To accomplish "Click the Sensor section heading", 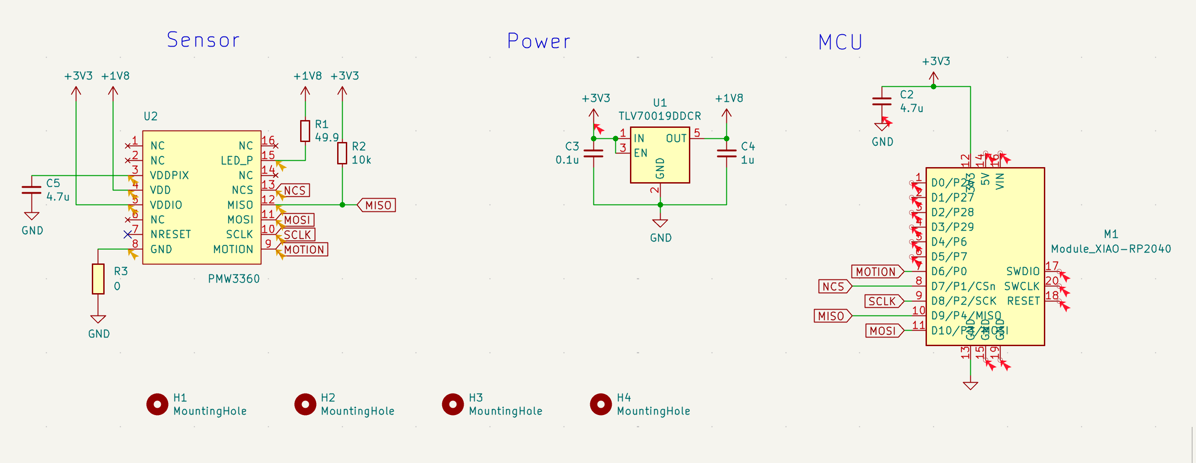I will (x=203, y=40).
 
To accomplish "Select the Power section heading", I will (x=539, y=41).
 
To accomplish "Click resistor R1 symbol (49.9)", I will (x=305, y=131).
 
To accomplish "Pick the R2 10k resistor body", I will (x=342, y=153).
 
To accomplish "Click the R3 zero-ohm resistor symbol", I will (x=98, y=279).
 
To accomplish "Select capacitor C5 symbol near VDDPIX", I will (x=32, y=189).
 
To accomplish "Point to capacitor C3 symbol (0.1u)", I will (x=593, y=153).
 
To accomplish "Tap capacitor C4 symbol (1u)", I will (x=727, y=153).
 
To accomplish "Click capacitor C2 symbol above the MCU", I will (x=882, y=102).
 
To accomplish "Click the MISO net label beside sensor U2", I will (x=377, y=205).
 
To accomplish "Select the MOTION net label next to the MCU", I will (x=877, y=271).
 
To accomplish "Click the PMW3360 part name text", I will (x=233, y=279).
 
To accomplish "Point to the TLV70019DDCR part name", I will (x=659, y=116).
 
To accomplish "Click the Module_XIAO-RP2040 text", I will (x=1111, y=249).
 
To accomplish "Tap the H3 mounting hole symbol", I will (x=453, y=404).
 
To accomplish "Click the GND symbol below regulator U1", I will (x=660, y=224).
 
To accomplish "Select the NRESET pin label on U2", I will (x=170, y=234).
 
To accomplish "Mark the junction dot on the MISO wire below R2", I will (x=342, y=205).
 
